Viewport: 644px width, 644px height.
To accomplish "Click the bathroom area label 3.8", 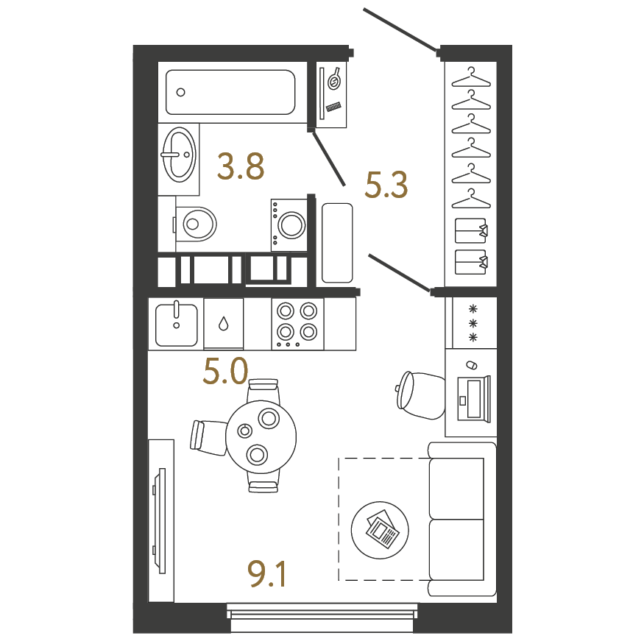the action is coord(241,166).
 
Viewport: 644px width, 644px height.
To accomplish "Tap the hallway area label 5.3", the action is coord(386,185).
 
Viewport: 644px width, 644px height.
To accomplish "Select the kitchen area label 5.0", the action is coord(225,371).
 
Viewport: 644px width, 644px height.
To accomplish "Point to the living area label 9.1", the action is coord(267,574).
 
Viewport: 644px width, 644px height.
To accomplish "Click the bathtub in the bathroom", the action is coord(230,92).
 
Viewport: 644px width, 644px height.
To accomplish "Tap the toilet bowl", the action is coord(196,224).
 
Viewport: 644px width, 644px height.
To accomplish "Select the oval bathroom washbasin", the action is coord(179,155).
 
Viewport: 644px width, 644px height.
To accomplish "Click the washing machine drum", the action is coord(291,224).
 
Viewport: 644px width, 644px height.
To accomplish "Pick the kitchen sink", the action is coord(176,325).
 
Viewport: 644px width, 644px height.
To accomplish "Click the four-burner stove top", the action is coord(297,324).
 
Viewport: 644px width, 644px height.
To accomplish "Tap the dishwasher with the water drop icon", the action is coord(224,324).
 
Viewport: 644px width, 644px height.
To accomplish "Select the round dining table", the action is coord(261,436).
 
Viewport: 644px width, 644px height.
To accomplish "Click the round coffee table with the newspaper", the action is coord(380,530).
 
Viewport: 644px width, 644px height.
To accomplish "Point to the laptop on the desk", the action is coord(474,399).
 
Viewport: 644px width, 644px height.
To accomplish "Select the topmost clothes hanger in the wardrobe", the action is coord(471,77).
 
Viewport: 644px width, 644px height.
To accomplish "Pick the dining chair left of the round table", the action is coord(208,437).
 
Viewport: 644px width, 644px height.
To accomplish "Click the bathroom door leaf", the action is coord(328,158).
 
